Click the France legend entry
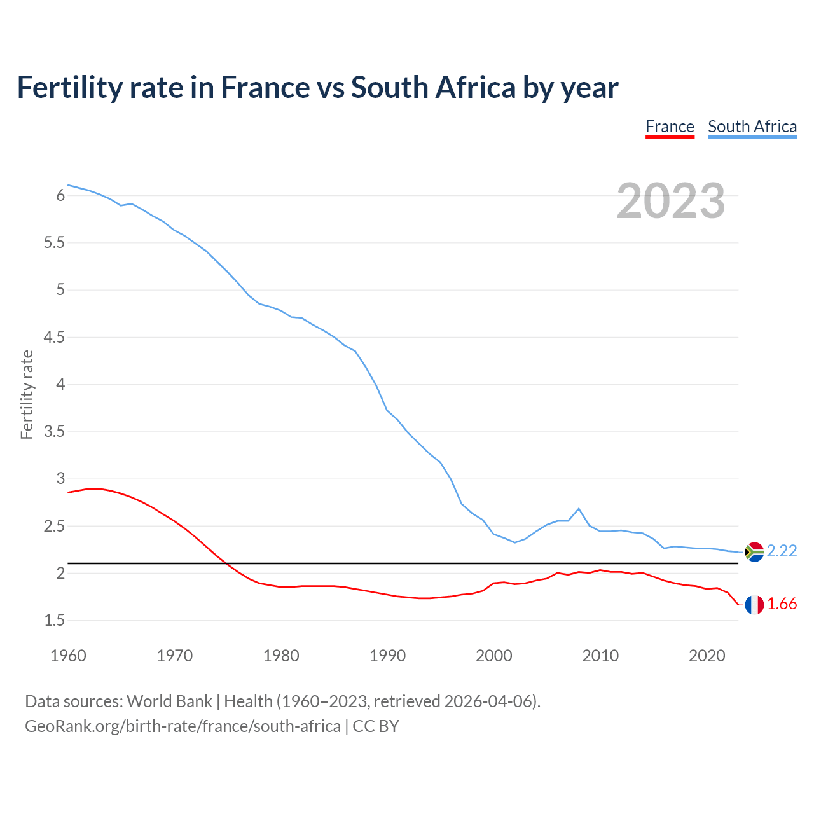click(670, 127)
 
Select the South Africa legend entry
click(752, 127)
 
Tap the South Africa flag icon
click(754, 551)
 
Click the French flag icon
click(754, 605)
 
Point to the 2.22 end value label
click(782, 551)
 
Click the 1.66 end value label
click(782, 604)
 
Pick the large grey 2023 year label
click(670, 201)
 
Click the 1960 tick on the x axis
click(68, 656)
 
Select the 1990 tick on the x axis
click(387, 656)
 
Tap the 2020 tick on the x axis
click(707, 656)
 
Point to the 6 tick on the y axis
click(61, 196)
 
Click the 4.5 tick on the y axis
click(55, 337)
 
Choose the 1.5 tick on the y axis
click(55, 621)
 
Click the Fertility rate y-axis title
click(27, 394)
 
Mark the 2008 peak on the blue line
click(579, 509)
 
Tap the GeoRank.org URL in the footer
click(183, 726)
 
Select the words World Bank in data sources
click(169, 701)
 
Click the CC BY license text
click(376, 726)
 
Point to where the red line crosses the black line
click(228, 563)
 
